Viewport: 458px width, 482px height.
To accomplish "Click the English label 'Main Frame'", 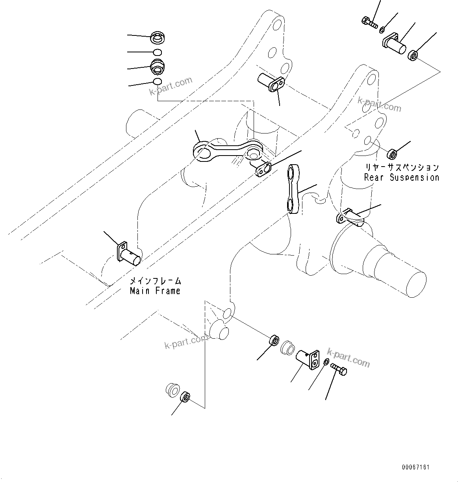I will pos(155,291).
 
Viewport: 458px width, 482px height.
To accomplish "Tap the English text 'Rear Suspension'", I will pos(401,178).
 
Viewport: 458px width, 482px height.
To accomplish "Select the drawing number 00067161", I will pos(415,467).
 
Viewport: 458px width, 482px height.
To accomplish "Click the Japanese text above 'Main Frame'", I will pos(155,281).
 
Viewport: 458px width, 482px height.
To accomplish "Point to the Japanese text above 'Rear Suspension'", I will pos(401,167).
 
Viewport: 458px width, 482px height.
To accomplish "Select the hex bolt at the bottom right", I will pos(339,369).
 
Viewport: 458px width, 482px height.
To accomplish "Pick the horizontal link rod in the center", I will pos(228,151).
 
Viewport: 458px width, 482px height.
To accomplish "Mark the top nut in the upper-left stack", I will pos(158,39).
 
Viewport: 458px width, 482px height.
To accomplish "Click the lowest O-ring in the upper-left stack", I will pos(157,82).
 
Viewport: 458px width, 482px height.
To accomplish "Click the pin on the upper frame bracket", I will pos(271,82).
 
